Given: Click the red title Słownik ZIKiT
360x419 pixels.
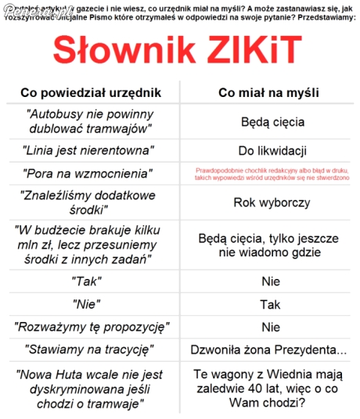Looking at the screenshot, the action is (177, 52).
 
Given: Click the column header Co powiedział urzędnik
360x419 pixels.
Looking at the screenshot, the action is (91, 92).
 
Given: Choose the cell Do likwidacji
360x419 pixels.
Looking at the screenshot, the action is (272, 150).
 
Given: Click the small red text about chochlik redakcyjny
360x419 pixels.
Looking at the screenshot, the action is (272, 173).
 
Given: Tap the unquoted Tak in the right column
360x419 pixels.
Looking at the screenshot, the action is (271, 304).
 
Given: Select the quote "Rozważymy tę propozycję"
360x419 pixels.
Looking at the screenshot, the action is (91, 326).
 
